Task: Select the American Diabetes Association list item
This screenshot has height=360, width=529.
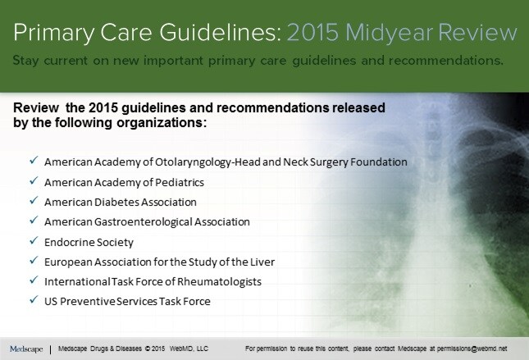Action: click(120, 201)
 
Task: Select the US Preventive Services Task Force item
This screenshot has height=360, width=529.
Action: click(127, 301)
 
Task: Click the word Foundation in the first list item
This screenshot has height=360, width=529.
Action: click(380, 162)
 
